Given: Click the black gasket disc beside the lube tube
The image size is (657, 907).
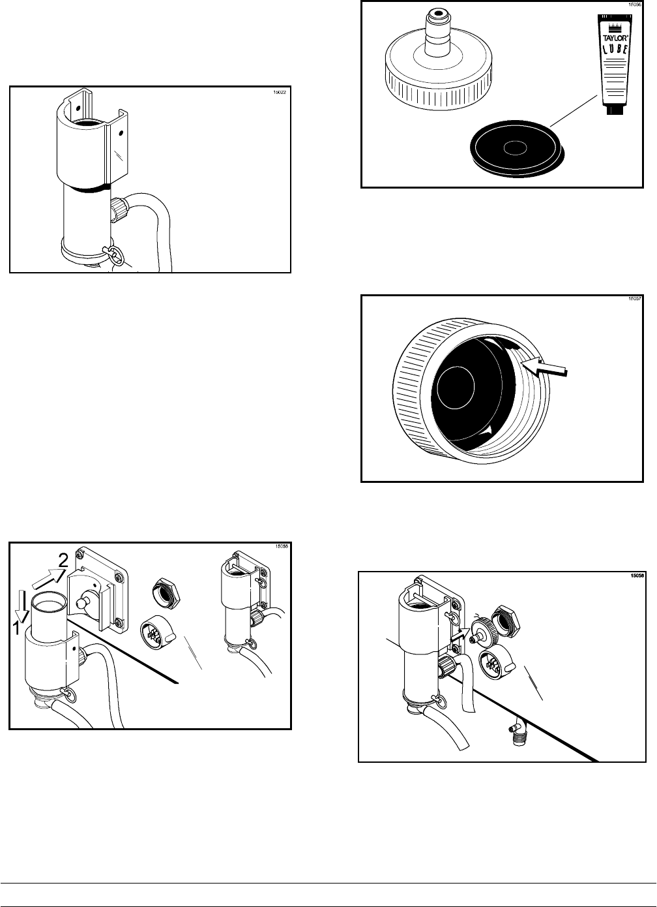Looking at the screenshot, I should tap(514, 149).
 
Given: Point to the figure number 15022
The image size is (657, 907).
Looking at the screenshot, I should tap(280, 92).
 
